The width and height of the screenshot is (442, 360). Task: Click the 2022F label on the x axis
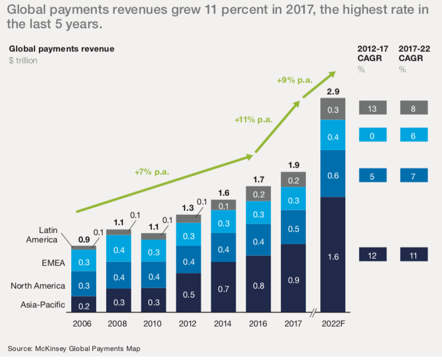click(x=333, y=322)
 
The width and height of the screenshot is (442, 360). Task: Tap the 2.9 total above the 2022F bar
click(x=333, y=91)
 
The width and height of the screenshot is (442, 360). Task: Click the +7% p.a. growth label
click(x=151, y=172)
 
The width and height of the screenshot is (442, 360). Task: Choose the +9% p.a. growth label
click(x=294, y=80)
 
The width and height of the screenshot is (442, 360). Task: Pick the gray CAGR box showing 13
click(x=372, y=109)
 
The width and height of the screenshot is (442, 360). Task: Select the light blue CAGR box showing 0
click(x=372, y=134)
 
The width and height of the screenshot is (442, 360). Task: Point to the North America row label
click(x=38, y=286)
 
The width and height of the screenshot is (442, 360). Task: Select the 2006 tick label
click(x=83, y=322)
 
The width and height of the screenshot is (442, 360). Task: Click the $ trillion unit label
click(x=23, y=60)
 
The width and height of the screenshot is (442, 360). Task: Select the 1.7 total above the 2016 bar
click(x=259, y=179)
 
